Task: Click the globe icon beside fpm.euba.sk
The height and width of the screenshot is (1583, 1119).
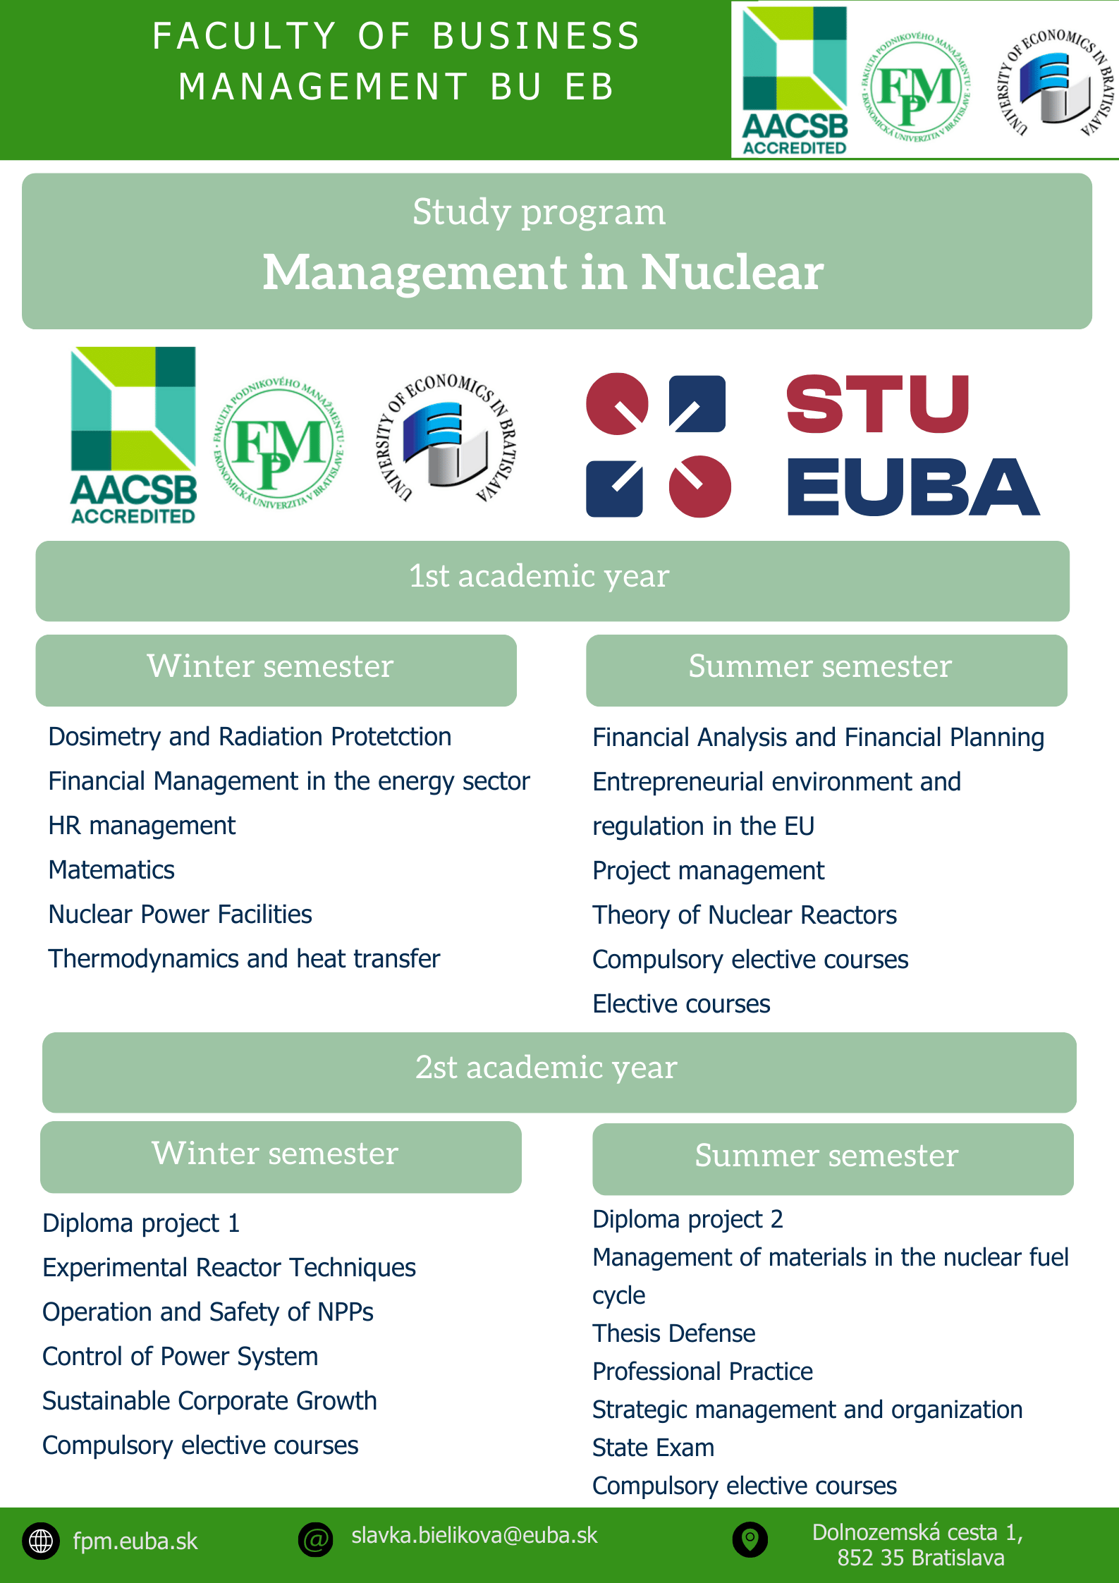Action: (x=41, y=1541)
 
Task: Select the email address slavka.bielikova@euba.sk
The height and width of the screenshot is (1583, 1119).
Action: (x=474, y=1536)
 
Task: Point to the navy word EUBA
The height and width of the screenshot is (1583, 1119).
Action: (x=913, y=487)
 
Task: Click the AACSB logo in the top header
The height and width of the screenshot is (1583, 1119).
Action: (x=795, y=80)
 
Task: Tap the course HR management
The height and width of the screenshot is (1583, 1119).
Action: (x=142, y=826)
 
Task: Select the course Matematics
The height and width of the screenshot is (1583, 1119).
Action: (x=111, y=870)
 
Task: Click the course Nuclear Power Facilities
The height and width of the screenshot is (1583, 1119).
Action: (x=180, y=915)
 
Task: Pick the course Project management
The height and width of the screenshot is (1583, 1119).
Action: (x=708, y=871)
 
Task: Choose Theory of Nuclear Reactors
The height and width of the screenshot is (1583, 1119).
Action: (x=745, y=915)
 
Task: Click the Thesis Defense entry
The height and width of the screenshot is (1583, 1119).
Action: (x=673, y=1333)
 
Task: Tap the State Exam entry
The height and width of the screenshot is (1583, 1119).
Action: (x=653, y=1448)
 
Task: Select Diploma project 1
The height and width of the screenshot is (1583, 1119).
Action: (x=141, y=1223)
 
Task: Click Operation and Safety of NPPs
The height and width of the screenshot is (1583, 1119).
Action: (x=208, y=1312)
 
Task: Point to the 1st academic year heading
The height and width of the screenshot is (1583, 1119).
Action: (x=539, y=577)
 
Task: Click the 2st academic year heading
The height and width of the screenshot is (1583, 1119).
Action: (x=546, y=1068)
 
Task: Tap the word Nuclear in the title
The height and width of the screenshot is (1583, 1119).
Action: (x=732, y=272)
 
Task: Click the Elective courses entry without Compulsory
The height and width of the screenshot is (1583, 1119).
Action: (x=681, y=1004)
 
